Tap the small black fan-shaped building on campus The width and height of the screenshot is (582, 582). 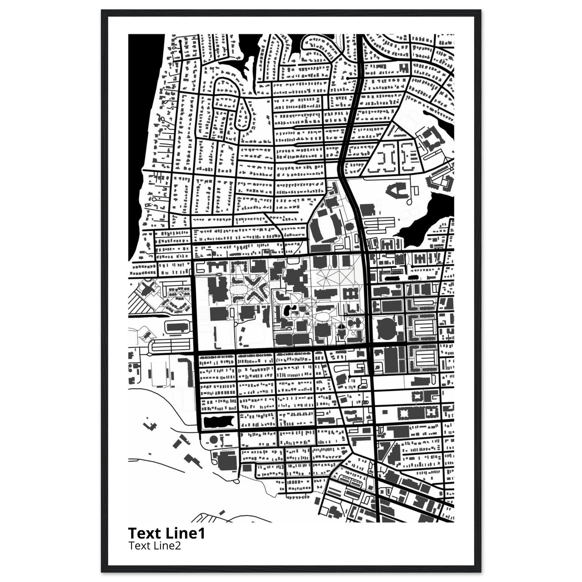click(x=341, y=327)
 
